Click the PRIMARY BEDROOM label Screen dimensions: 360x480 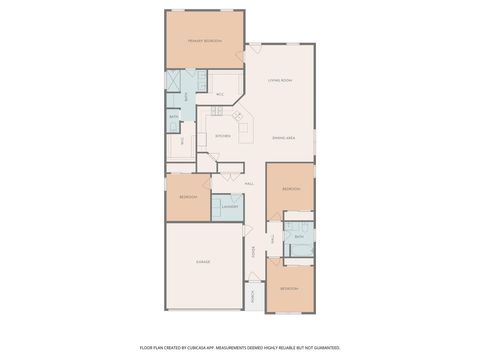pyautogui.click(x=205, y=41)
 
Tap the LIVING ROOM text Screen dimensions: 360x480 pyautogui.click(x=279, y=80)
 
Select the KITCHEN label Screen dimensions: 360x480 pyautogui.click(x=222, y=136)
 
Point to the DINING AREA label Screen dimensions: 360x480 pyautogui.click(x=284, y=137)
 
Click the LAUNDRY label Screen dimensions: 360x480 pyautogui.click(x=229, y=207)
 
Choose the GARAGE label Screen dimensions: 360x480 pyautogui.click(x=204, y=262)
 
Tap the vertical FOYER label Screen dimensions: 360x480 pyautogui.click(x=268, y=250)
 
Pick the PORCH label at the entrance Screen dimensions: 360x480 pyautogui.click(x=254, y=296)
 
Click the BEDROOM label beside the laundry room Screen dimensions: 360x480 pyautogui.click(x=188, y=197)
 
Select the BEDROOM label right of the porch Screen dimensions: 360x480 pyautogui.click(x=289, y=288)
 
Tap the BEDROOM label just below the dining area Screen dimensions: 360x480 pyautogui.click(x=291, y=189)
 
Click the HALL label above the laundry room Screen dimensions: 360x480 pyautogui.click(x=249, y=184)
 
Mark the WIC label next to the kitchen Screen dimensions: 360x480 pyautogui.click(x=219, y=94)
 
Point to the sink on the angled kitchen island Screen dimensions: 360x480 pyautogui.click(x=238, y=117)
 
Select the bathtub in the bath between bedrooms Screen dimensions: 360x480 pyautogui.click(x=299, y=246)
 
